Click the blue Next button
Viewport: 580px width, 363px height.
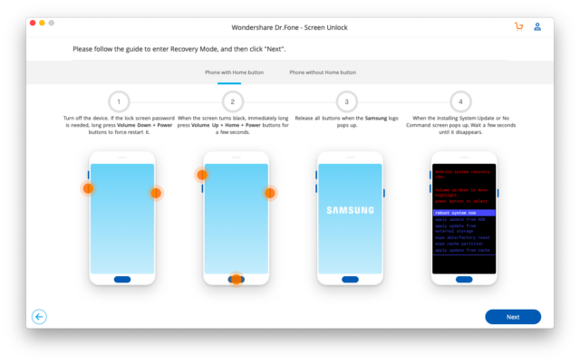click(512, 317)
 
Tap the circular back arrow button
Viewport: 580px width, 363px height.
click(39, 317)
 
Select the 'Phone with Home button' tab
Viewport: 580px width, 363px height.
click(235, 72)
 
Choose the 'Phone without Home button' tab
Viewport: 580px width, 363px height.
click(323, 72)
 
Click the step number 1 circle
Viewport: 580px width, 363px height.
click(118, 101)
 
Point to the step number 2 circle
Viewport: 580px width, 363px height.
click(233, 101)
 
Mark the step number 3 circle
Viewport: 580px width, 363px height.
click(347, 101)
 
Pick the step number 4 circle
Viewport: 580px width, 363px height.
click(461, 101)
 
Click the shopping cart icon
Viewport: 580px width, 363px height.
click(518, 26)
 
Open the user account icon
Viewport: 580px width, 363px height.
click(537, 26)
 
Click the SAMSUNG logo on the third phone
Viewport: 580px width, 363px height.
click(350, 211)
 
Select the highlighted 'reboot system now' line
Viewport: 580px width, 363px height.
click(463, 213)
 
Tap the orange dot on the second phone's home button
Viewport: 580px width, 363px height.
click(236, 280)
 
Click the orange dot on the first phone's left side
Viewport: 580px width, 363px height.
click(88, 188)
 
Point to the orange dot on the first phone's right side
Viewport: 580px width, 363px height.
click(156, 193)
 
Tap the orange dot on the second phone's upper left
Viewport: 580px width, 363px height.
click(202, 175)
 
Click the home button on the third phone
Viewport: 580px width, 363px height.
click(350, 280)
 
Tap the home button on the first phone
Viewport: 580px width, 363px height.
click(121, 280)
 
